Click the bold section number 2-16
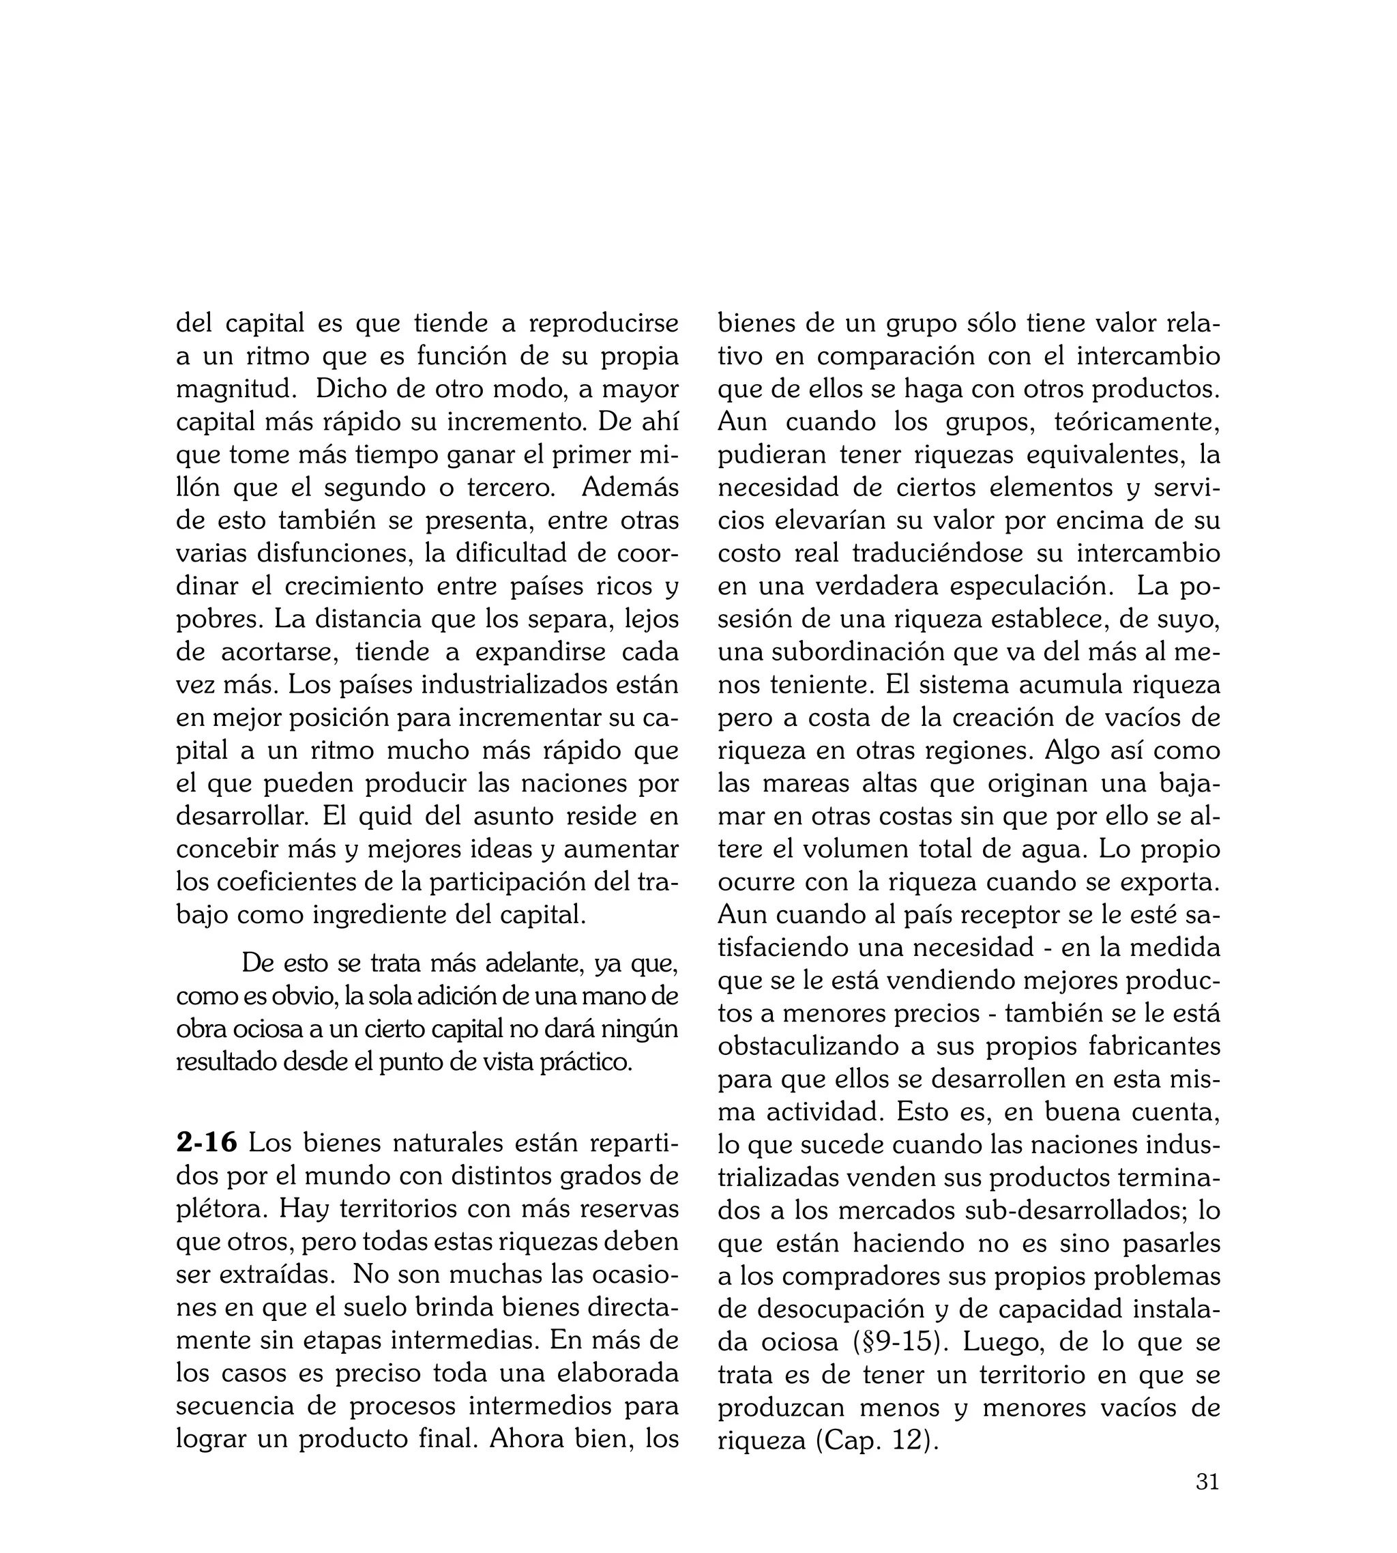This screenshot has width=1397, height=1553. [207, 1143]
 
